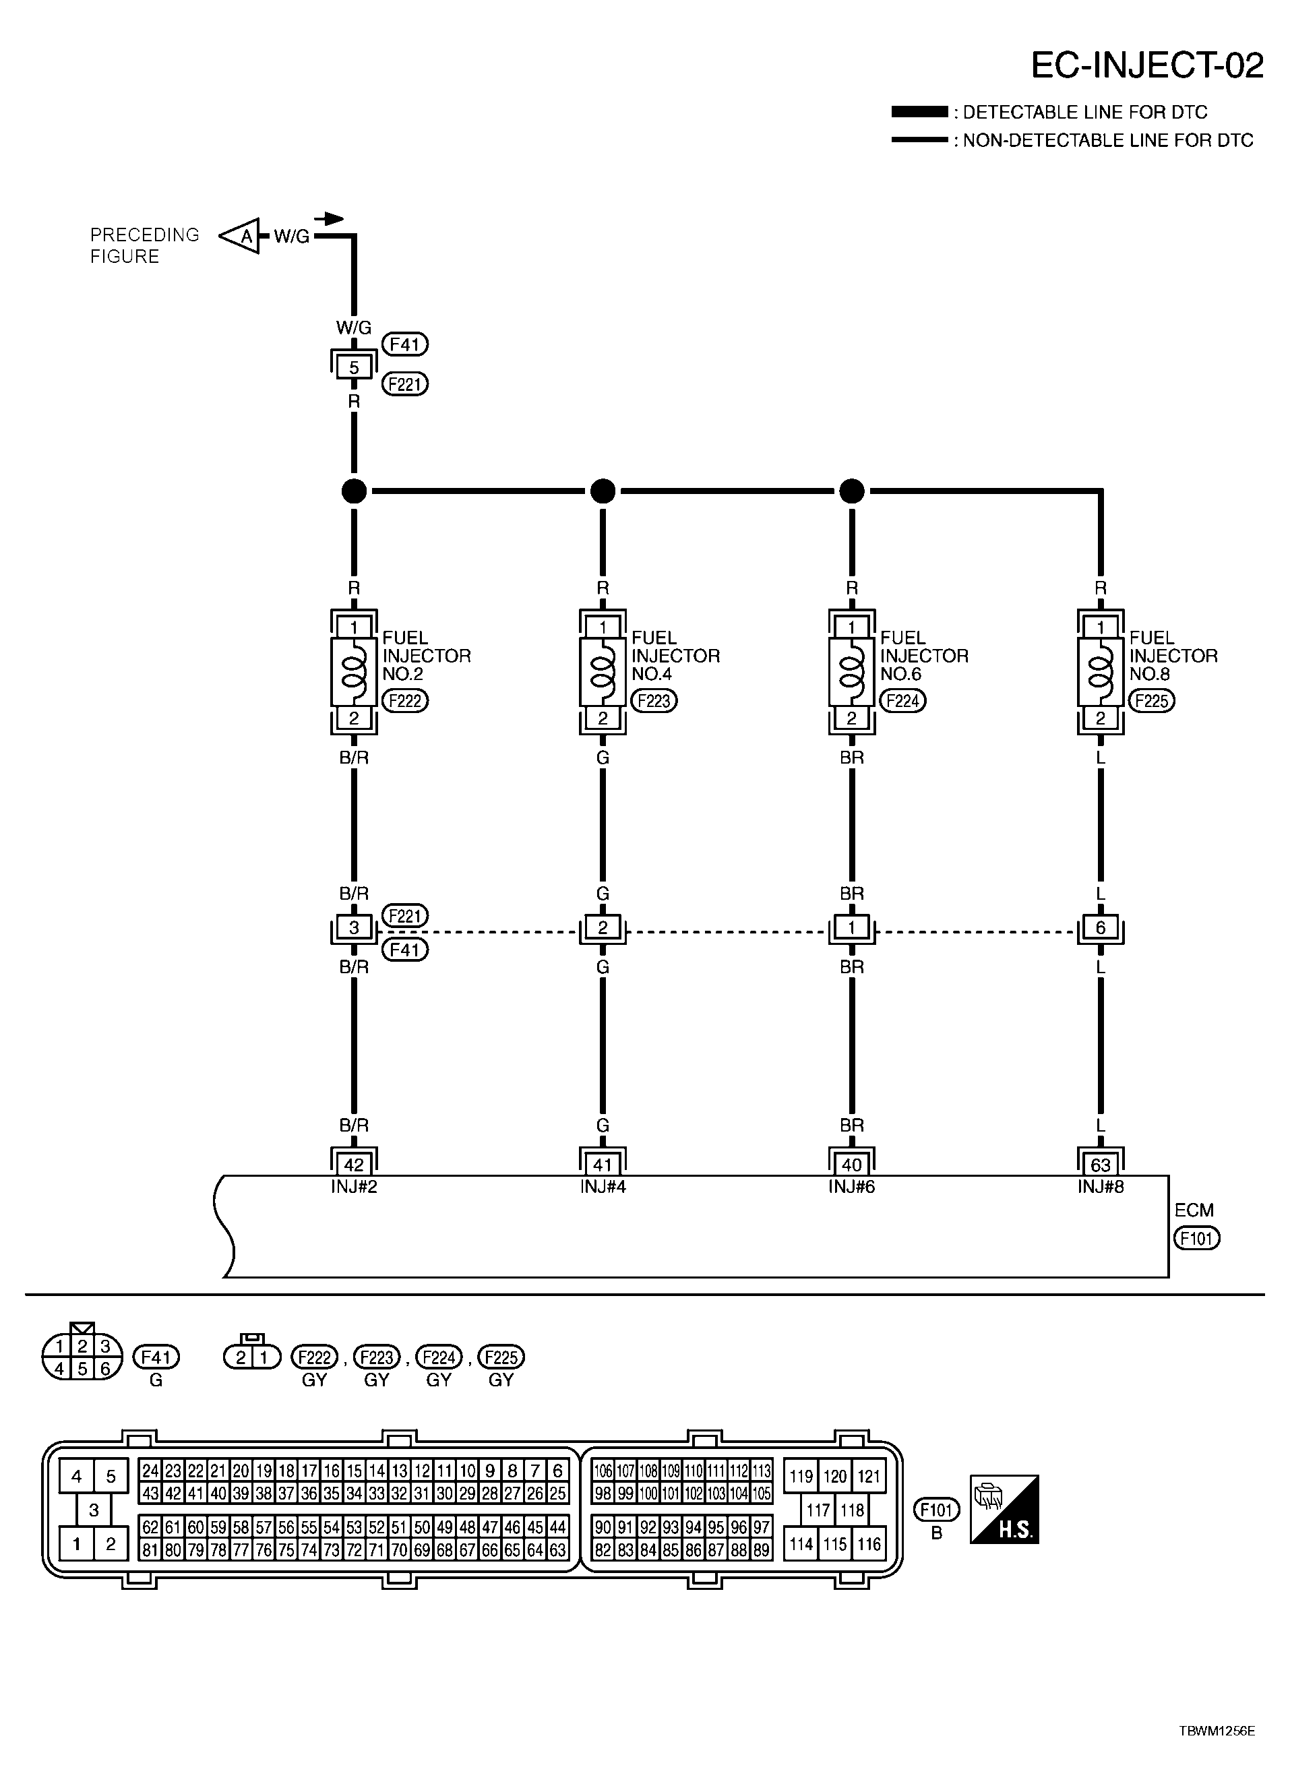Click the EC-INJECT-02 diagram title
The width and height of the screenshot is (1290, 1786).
[1146, 65]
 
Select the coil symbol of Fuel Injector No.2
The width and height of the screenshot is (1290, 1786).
[355, 672]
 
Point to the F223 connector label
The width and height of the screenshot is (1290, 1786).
[654, 700]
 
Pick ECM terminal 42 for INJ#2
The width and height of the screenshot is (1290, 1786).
[354, 1165]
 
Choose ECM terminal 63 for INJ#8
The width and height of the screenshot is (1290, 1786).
[1100, 1165]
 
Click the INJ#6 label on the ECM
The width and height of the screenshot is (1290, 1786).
[851, 1187]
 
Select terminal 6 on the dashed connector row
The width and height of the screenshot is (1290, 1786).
[1100, 927]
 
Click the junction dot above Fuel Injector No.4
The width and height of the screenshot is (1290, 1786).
[603, 491]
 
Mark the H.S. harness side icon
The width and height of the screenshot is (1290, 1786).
[1004, 1509]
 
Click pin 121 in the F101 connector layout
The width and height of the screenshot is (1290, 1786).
[869, 1477]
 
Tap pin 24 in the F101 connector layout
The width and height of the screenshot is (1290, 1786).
[150, 1470]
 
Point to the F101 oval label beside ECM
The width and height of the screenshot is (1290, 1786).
[1196, 1239]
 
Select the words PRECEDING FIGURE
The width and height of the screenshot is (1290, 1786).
[144, 246]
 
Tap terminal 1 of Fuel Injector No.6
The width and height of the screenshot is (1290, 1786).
[851, 627]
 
